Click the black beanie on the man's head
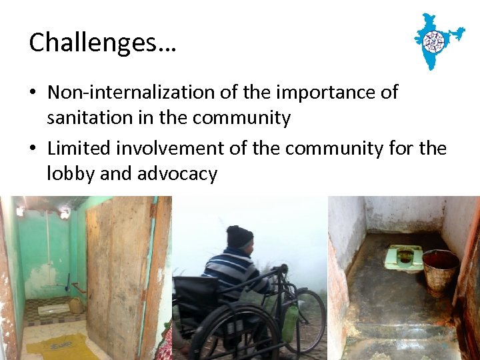(x=239, y=237)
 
